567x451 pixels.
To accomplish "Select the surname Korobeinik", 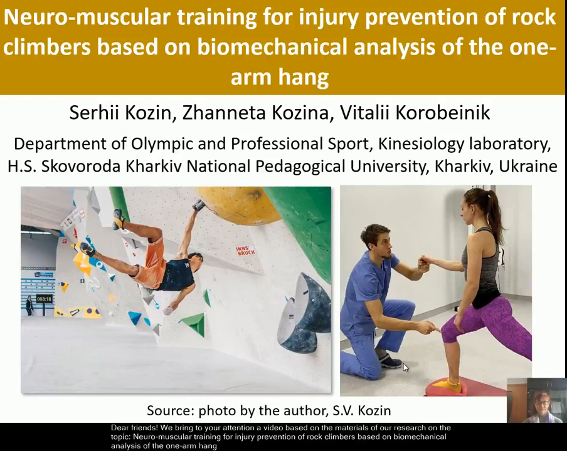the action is pos(443,113).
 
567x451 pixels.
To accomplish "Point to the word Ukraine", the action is pos(527,167).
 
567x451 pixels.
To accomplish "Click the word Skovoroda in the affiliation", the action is pos(81,167).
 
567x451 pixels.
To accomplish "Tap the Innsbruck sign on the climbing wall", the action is pos(246,250).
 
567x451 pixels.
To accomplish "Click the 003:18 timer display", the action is pos(44,299).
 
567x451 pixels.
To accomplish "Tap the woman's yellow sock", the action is pos(448,385).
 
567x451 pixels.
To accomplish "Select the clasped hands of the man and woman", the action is pos(425,264).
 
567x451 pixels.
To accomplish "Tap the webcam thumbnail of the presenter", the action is pos(537,400).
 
